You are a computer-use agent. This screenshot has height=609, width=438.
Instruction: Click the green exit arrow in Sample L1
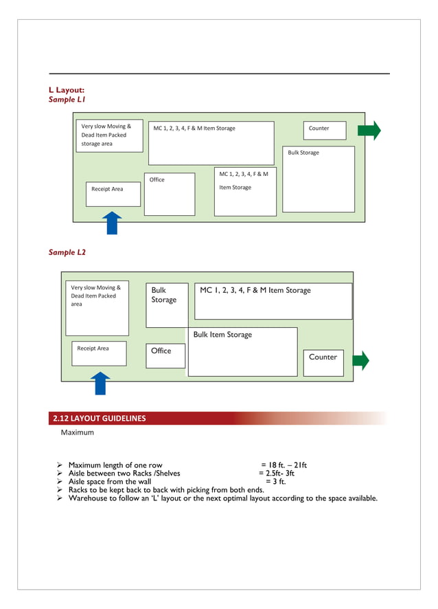click(x=369, y=130)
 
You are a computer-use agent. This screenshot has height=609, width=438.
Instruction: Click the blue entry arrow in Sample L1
click(x=111, y=223)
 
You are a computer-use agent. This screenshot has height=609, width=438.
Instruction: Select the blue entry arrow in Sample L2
click(x=100, y=383)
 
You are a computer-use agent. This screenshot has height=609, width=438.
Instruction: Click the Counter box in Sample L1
click(x=324, y=130)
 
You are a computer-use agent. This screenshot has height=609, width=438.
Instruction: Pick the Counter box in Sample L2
click(x=323, y=362)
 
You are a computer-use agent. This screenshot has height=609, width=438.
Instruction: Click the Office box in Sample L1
click(x=170, y=194)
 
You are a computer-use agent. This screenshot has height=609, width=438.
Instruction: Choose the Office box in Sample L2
click(x=165, y=355)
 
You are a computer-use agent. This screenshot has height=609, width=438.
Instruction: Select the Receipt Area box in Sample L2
click(x=99, y=353)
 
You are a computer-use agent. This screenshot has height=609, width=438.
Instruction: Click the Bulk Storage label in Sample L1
click(x=303, y=153)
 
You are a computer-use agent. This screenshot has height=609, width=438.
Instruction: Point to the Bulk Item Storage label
click(x=222, y=335)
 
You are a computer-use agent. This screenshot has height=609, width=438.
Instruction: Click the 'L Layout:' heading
click(x=67, y=89)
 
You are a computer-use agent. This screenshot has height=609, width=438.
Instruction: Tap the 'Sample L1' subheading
click(x=67, y=100)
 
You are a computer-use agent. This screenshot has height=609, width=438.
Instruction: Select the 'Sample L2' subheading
click(x=67, y=252)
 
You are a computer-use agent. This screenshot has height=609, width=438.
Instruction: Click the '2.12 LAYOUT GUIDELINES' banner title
click(x=100, y=418)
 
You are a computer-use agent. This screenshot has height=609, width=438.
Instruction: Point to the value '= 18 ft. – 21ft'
click(x=284, y=465)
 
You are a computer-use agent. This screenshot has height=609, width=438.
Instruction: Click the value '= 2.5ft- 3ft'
click(x=277, y=474)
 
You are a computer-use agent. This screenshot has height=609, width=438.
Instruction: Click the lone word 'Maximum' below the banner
click(x=78, y=433)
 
